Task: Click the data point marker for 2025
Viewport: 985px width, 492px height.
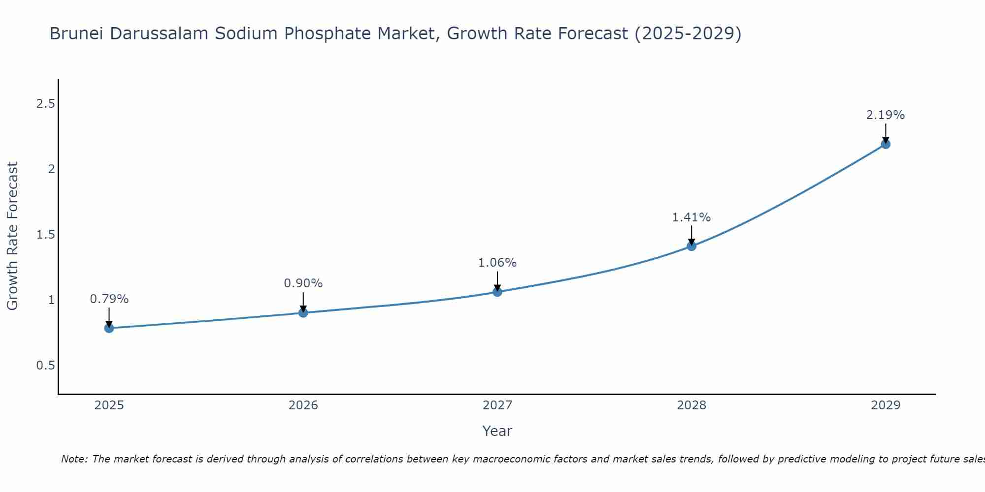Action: [x=109, y=328]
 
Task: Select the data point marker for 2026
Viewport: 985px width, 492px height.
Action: [x=303, y=312]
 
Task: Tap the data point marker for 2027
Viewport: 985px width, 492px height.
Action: [x=497, y=292]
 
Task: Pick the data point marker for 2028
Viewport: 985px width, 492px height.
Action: [x=691, y=246]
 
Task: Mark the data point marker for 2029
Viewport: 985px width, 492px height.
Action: [x=886, y=144]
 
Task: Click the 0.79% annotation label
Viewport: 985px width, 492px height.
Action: [x=109, y=299]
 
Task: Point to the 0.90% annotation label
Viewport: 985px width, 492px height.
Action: [x=303, y=283]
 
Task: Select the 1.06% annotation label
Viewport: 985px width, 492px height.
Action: [x=497, y=263]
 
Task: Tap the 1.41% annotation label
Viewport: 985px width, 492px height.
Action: [x=691, y=217]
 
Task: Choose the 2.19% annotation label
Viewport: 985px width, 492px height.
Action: [x=886, y=115]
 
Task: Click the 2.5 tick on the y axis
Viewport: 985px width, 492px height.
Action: [x=45, y=104]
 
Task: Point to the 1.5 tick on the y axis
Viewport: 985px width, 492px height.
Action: [x=45, y=235]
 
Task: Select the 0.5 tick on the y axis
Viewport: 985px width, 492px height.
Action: [x=45, y=366]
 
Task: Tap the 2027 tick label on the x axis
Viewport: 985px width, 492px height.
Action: [x=497, y=405]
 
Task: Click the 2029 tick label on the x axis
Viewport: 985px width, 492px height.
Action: [x=886, y=405]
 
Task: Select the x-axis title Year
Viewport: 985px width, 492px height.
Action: [x=497, y=431]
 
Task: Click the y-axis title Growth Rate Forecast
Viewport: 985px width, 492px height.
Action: [x=13, y=236]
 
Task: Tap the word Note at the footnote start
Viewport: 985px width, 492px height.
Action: [x=74, y=459]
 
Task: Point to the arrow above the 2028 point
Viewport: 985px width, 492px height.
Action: [x=691, y=234]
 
